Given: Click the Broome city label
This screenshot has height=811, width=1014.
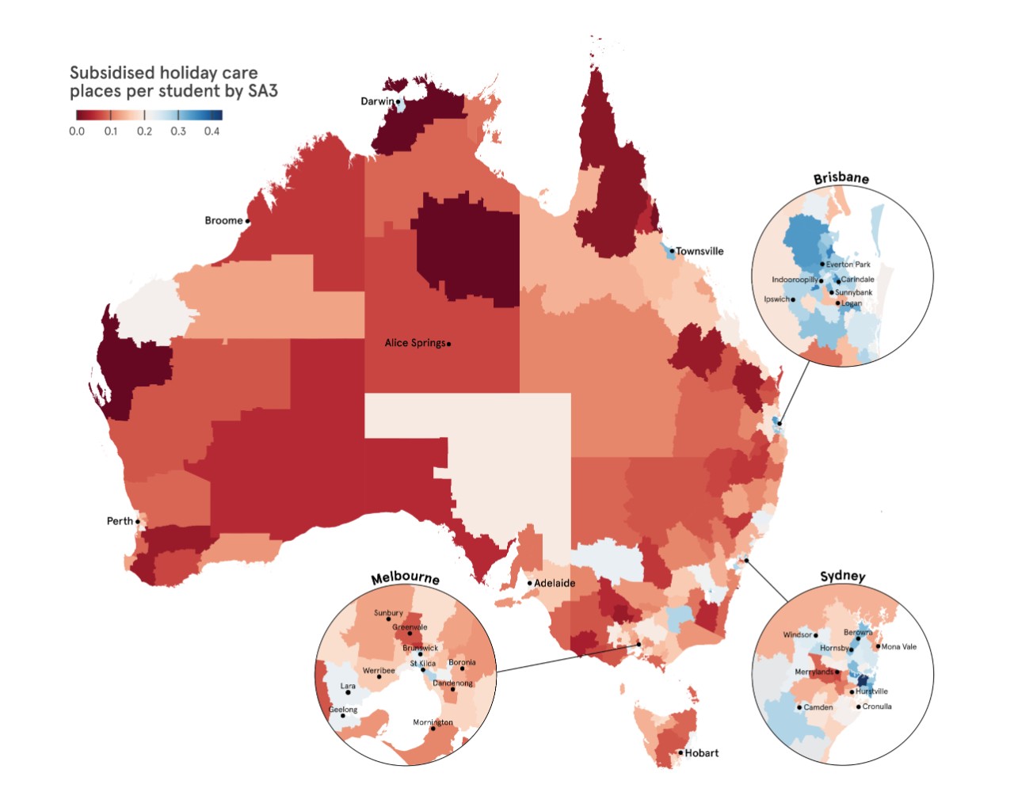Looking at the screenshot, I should coord(223,220).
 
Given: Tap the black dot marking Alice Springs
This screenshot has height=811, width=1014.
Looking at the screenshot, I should coord(449,344).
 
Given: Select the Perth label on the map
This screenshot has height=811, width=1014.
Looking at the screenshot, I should coord(120,520).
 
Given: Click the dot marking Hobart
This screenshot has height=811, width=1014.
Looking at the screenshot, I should coord(680,752).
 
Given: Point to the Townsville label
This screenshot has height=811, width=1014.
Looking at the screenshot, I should coord(700,251).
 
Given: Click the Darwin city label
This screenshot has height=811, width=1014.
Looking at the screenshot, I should coord(377,101).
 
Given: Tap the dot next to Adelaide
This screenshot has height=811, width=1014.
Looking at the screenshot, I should coord(530,583).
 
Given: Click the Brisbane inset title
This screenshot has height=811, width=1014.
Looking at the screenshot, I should coord(841,177).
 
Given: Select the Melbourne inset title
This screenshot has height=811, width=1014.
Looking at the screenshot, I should coord(405,577).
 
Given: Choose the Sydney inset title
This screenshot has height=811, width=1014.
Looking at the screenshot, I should coord(842,576).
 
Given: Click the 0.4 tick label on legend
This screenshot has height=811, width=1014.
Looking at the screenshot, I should coord(212,131).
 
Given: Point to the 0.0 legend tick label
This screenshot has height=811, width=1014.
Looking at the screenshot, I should coord(77,131).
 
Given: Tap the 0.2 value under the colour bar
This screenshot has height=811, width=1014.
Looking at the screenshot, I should coord(144,131).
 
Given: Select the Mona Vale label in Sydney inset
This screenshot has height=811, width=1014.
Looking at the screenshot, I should coord(898,646).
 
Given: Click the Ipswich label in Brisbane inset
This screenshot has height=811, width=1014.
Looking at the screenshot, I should coord(776,299).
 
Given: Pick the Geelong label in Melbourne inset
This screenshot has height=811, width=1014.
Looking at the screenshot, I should coord(343,710).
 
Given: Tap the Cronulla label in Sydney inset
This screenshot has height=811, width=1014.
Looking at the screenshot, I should coord(877,706).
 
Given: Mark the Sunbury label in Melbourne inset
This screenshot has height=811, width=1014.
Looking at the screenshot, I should coord(388,613).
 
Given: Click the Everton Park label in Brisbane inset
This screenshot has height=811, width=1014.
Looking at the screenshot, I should coord(848,265).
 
